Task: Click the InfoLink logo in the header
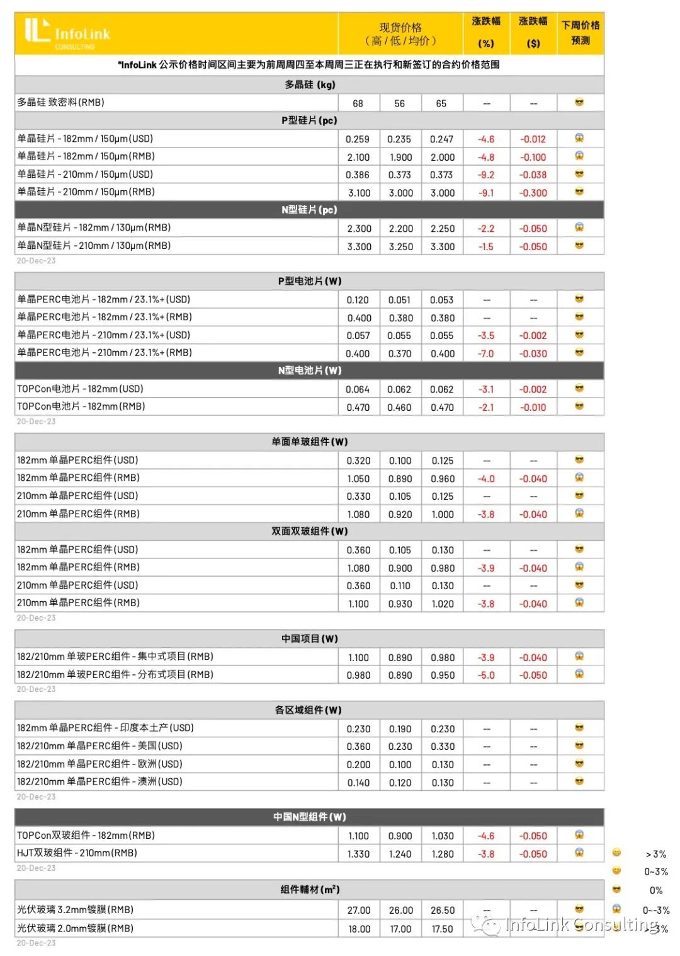[x=67, y=33]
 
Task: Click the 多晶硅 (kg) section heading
[x=309, y=84]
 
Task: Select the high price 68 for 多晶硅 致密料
[x=358, y=103]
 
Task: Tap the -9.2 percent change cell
[x=486, y=175]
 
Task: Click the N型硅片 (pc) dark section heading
[x=309, y=210]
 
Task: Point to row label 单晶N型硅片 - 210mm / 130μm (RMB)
[x=94, y=246]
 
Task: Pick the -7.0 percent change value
[x=486, y=354]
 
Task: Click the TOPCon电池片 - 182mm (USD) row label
[x=80, y=389]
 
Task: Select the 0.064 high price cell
[x=358, y=389]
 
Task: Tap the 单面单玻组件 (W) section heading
[x=309, y=442]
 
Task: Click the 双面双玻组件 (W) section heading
[x=309, y=531]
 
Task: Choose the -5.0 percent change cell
[x=486, y=675]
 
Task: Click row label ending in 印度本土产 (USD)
[x=105, y=728]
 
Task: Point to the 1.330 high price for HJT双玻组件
[x=358, y=854]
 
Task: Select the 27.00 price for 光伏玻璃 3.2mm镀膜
[x=359, y=910]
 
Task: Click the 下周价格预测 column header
[x=581, y=33]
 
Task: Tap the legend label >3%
[x=656, y=854]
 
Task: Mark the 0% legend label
[x=656, y=890]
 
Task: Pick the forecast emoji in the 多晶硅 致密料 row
[x=579, y=102]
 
